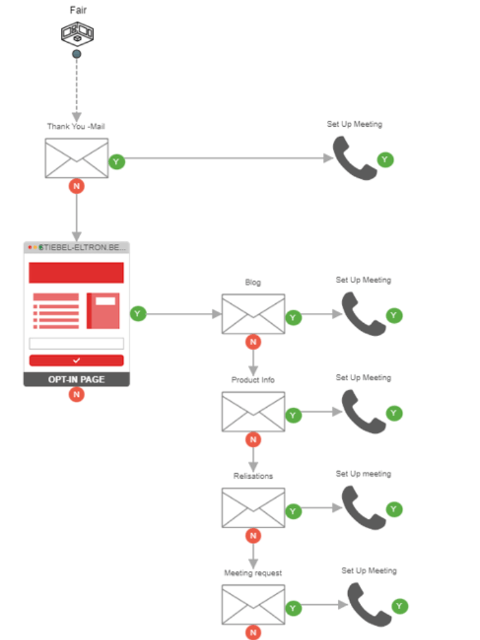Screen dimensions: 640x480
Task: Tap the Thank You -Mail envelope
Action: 76,158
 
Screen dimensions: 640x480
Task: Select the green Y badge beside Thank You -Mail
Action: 116,162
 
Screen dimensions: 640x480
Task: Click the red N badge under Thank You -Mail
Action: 77,186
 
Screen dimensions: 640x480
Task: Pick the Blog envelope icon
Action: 253,314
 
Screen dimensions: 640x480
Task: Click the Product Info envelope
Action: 253,412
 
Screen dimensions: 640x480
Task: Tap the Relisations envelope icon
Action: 253,508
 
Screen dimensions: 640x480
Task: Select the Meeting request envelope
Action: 253,605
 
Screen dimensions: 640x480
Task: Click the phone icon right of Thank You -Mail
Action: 355,158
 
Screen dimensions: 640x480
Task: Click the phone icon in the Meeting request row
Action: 369,605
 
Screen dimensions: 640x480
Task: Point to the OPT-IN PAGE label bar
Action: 76,380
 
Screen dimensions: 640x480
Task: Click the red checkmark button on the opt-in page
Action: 76,360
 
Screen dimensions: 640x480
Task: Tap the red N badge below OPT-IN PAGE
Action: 77,395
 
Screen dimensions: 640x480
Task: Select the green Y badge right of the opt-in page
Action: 138,314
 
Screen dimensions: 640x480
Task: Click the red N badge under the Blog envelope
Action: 253,342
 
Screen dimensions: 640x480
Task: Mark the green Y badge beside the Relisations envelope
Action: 293,511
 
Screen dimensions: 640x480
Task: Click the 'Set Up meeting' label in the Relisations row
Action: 363,474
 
